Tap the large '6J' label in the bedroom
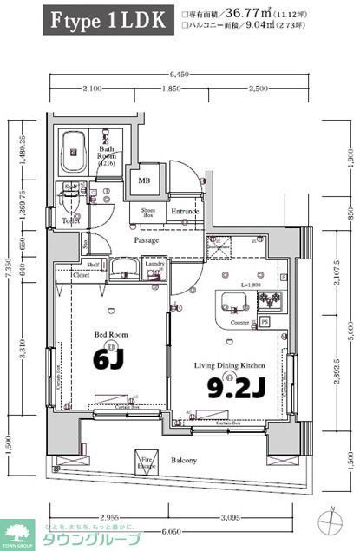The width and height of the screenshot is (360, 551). click(114, 356)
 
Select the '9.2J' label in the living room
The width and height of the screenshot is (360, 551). click(234, 389)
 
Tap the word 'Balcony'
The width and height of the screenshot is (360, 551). click(182, 461)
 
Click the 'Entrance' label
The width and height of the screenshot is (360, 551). click(185, 211)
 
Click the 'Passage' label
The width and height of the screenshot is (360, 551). click(146, 240)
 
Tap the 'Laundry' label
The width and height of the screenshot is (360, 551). click(155, 264)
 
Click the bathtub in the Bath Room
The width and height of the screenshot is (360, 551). click(73, 154)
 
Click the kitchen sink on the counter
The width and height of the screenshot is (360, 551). click(233, 301)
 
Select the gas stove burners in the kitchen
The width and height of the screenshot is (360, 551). click(268, 301)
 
